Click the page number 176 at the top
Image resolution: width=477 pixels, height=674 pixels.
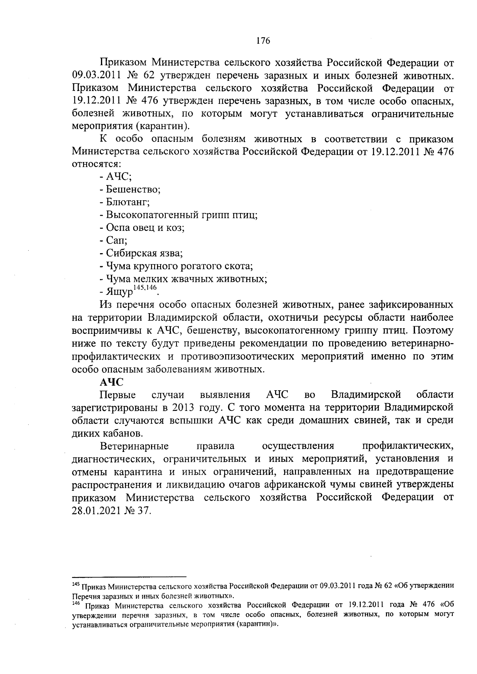coord(263,41)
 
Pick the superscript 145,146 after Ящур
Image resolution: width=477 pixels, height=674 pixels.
coord(145,288)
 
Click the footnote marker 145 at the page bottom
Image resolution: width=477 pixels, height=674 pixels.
coord(76,584)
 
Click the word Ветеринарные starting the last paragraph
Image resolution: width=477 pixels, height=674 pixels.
coord(134,446)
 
